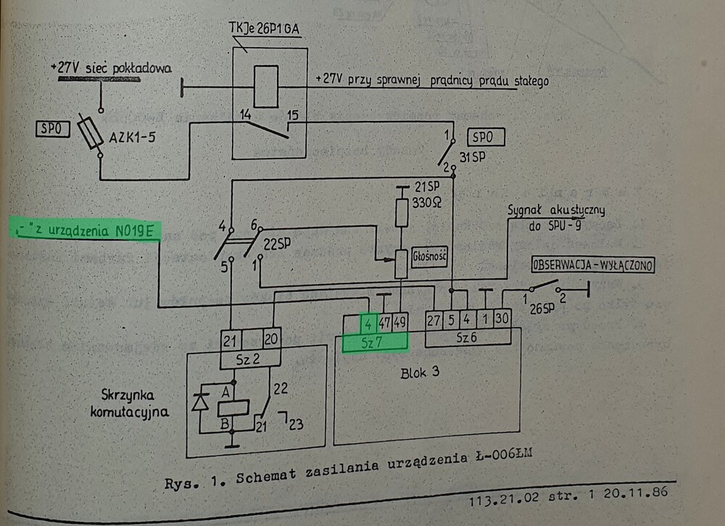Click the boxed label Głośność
[427, 256]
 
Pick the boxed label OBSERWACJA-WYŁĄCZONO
[593, 265]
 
